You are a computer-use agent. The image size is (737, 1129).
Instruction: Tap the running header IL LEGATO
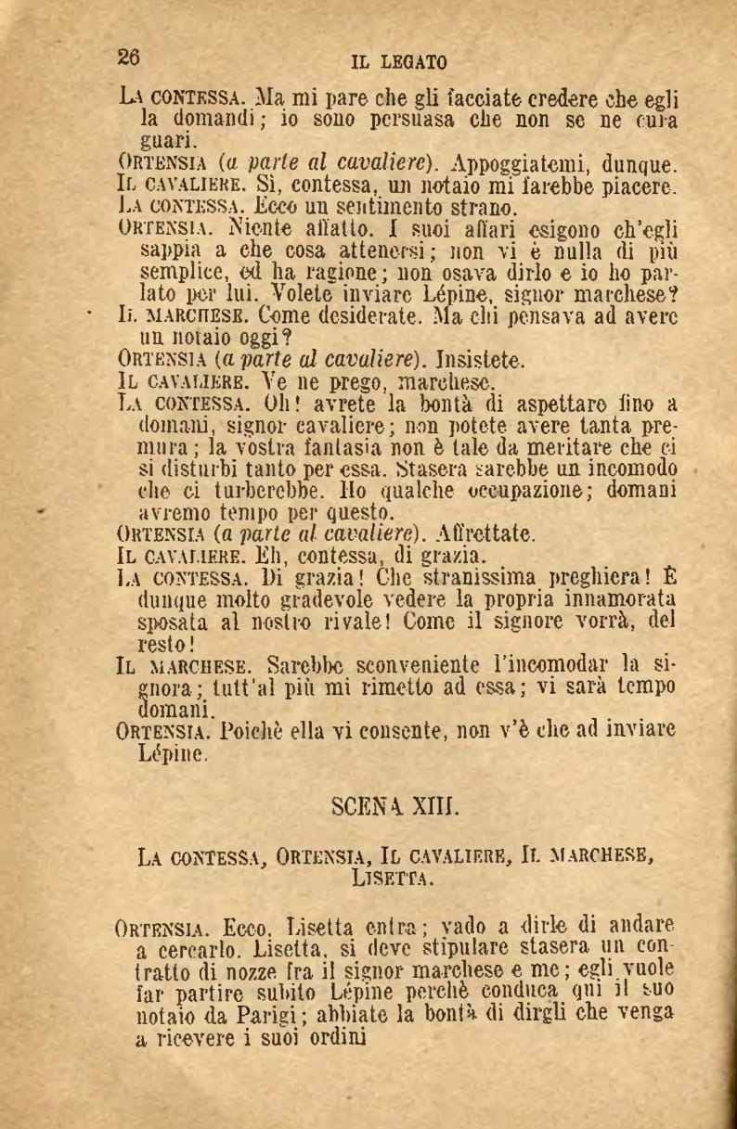(x=399, y=63)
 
